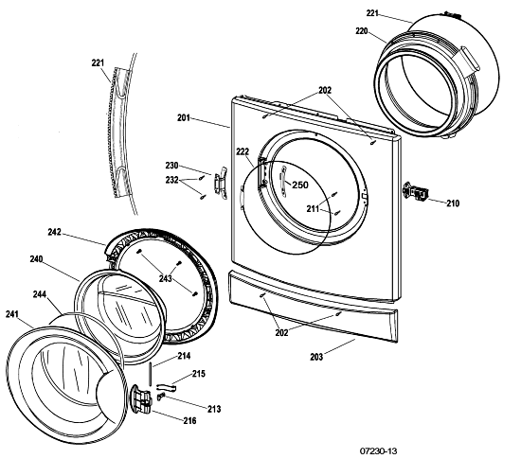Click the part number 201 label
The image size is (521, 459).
[x=184, y=117]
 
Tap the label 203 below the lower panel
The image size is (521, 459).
[x=316, y=357]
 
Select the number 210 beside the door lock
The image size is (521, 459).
[x=453, y=203]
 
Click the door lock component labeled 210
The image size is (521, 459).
[x=415, y=192]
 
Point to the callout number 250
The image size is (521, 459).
[x=300, y=185]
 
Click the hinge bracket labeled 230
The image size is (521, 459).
[x=221, y=183]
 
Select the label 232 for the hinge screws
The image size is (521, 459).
[x=172, y=181]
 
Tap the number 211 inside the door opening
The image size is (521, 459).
[x=313, y=209]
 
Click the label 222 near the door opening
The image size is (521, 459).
[x=243, y=151]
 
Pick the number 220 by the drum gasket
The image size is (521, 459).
[x=362, y=31]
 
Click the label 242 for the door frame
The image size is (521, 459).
[x=55, y=232]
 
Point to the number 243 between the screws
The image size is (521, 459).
[x=165, y=278]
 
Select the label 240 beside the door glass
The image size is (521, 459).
[x=36, y=258]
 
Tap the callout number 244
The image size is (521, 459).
[x=40, y=294]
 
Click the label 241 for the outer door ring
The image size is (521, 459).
[x=12, y=314]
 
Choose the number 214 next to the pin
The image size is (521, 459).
[x=184, y=356]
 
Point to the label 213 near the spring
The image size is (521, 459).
[x=214, y=409]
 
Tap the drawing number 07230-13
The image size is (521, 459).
[x=379, y=451]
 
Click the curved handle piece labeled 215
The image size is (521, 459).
[x=166, y=386]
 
